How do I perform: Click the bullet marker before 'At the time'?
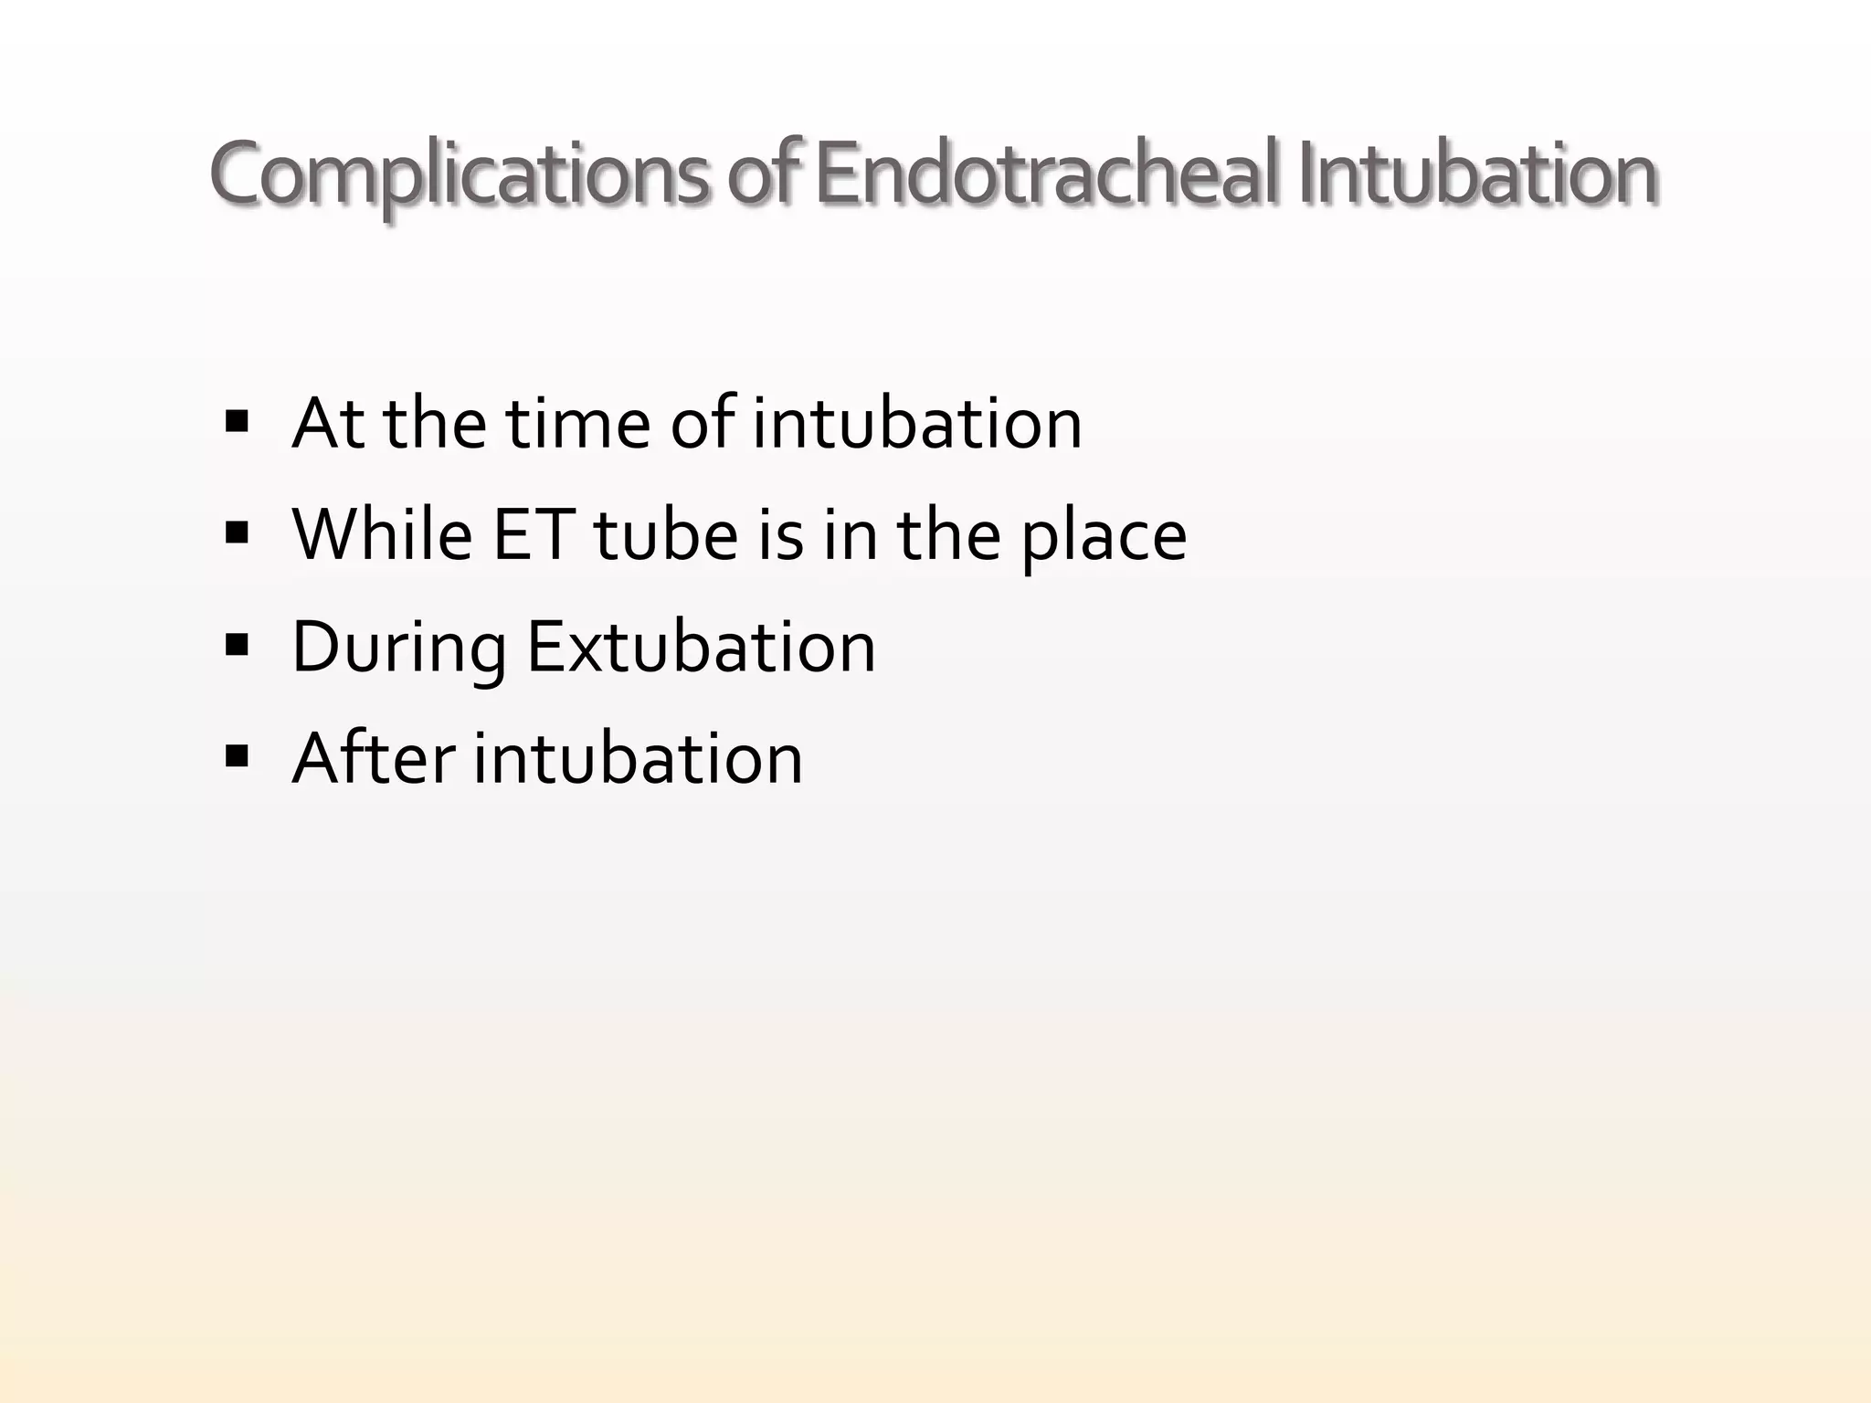(237, 422)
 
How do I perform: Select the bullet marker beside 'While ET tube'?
(237, 533)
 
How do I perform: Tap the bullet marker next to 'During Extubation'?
(237, 646)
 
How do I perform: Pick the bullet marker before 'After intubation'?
(237, 757)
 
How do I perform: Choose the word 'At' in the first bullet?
(329, 424)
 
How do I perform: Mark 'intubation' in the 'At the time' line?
(916, 424)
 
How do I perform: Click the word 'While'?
(382, 535)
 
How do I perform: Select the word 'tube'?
(665, 535)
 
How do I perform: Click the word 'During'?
(398, 649)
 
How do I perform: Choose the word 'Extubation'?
(701, 647)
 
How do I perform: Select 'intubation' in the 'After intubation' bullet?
(638, 758)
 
